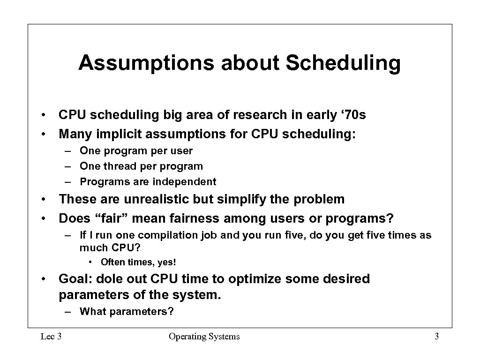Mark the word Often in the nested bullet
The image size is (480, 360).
pos(112,262)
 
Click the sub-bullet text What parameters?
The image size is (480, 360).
pos(127,312)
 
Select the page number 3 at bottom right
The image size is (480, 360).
pos(436,336)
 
